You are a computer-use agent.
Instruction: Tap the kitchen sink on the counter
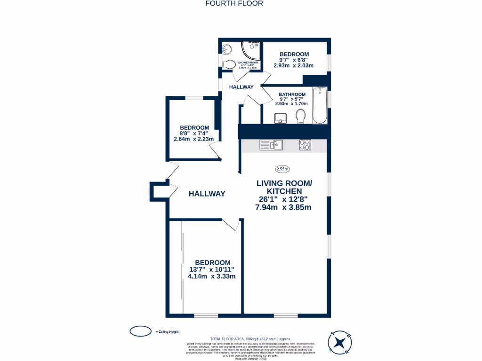[271, 145]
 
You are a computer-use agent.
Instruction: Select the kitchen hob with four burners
[305, 145]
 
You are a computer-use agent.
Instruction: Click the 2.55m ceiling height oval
[282, 169]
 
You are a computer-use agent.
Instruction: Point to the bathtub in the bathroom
[320, 105]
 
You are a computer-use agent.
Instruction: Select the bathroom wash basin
[281, 118]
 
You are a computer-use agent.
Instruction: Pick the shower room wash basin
[227, 48]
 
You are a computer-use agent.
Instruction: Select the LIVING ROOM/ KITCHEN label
[284, 187]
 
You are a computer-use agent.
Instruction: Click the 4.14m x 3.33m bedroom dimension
[212, 276]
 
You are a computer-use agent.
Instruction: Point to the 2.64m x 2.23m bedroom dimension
[194, 139]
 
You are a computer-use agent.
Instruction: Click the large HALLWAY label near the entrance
[207, 194]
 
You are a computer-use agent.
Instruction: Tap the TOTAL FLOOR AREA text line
[250, 339]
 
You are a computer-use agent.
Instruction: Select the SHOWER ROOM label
[249, 63]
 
